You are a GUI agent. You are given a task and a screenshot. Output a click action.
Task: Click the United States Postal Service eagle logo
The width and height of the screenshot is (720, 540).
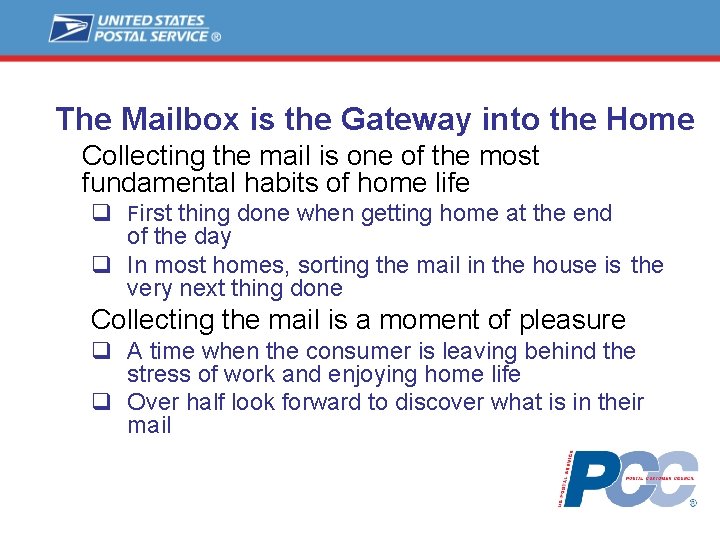coord(70,28)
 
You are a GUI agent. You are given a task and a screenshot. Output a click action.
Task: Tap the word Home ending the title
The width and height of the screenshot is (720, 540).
coord(649,120)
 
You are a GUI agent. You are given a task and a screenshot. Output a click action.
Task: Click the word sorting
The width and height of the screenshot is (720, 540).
coord(308,266)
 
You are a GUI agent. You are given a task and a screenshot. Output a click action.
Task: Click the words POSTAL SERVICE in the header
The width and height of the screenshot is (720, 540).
coord(151,36)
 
